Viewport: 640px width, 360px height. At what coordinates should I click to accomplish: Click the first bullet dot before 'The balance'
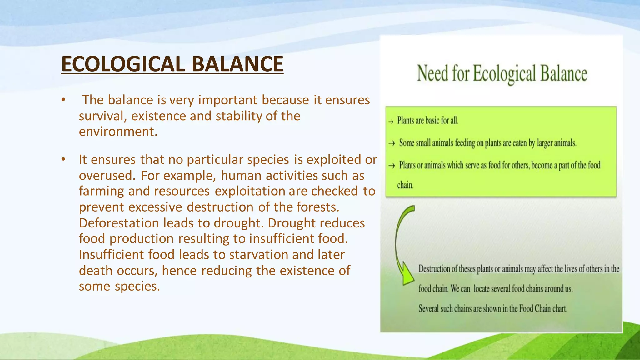point(63,100)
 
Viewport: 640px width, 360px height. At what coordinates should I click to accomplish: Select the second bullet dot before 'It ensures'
point(63,159)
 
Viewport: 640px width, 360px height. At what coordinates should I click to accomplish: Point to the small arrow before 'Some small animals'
point(392,143)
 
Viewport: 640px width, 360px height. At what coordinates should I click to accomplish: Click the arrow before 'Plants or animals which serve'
point(392,166)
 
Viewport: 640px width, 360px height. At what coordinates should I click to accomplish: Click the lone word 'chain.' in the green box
point(405,185)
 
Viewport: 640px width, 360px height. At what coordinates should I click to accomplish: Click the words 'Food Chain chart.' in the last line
point(543,309)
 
